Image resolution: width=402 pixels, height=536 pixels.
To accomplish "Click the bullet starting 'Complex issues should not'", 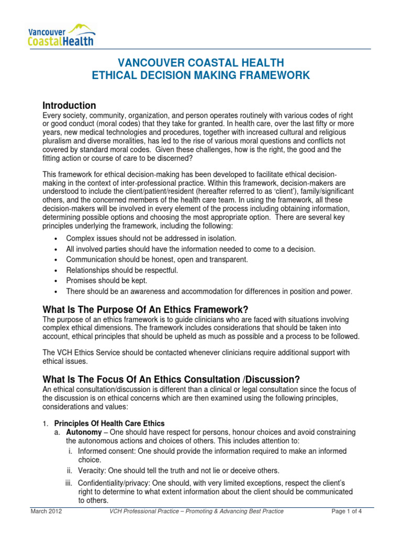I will (140, 239).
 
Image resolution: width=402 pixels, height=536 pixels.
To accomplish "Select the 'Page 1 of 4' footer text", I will (351, 511).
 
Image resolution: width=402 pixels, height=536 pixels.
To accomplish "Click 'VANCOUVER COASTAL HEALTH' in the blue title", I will (201, 62).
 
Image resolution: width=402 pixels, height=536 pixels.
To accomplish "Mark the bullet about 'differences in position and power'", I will (209, 291).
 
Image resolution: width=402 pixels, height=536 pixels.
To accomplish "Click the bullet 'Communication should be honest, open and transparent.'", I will (157, 260).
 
